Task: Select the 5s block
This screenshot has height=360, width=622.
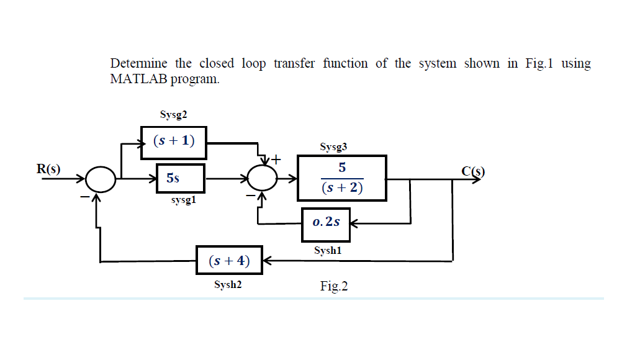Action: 180,178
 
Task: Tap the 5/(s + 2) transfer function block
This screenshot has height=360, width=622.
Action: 342,178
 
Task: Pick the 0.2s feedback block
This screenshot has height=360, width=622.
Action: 326,222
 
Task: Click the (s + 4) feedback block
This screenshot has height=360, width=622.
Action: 229,261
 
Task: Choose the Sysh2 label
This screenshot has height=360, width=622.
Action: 228,284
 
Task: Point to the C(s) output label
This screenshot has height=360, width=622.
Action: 472,171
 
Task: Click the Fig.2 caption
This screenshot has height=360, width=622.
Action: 334,286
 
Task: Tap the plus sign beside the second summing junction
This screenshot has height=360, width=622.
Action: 274,160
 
